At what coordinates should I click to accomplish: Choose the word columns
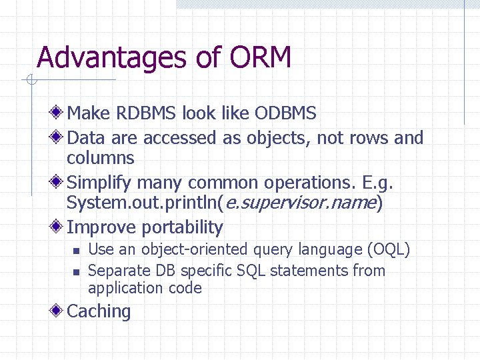101,158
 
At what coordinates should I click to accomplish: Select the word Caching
99,311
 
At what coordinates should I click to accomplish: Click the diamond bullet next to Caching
59,311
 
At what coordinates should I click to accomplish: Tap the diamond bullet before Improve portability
59,227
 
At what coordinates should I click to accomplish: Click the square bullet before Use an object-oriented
76,251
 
